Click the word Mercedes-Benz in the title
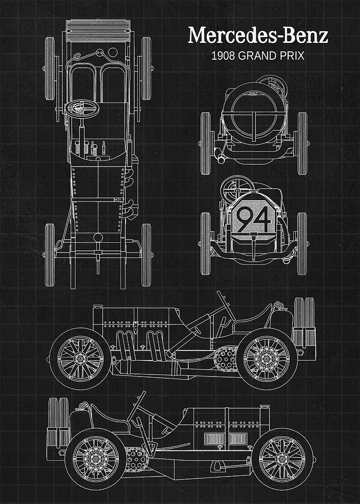[x=258, y=35]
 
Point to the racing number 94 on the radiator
[x=254, y=219]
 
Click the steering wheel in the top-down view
[x=82, y=108]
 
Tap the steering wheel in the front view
[x=237, y=188]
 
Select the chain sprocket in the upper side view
[x=226, y=359]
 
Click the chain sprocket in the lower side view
[x=136, y=459]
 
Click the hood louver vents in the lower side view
[x=226, y=439]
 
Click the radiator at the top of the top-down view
[x=98, y=31]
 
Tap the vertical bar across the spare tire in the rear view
[x=254, y=126]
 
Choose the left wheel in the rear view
[x=206, y=143]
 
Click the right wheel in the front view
[x=302, y=244]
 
